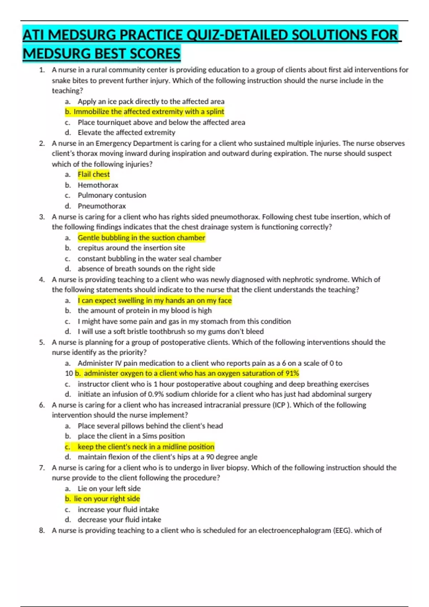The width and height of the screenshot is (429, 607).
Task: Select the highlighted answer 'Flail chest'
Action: click(94, 175)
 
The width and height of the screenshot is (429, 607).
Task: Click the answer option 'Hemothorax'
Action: click(98, 185)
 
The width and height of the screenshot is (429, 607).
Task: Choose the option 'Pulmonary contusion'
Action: click(112, 195)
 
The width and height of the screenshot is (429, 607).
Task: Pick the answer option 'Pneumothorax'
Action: click(102, 206)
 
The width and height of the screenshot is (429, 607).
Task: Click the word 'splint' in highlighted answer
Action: click(215, 112)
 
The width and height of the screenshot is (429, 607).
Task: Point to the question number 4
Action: click(42, 280)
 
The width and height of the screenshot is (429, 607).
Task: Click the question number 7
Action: click(42, 468)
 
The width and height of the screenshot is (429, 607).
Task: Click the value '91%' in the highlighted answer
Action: click(292, 373)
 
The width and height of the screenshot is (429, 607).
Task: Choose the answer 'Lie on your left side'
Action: click(109, 488)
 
